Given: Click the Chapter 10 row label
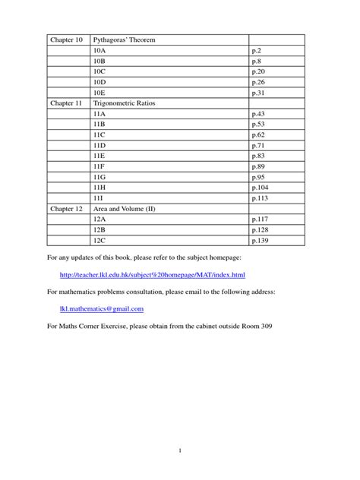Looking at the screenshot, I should (x=66, y=39).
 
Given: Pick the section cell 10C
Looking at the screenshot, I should (x=99, y=71).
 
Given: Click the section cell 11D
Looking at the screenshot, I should (x=99, y=144).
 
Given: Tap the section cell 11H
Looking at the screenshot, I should (x=99, y=186).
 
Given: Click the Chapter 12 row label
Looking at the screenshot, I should (x=66, y=207).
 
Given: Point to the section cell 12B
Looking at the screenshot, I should (x=99, y=229).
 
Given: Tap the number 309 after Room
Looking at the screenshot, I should (x=265, y=327).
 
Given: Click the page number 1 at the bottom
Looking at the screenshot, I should (x=180, y=451).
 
